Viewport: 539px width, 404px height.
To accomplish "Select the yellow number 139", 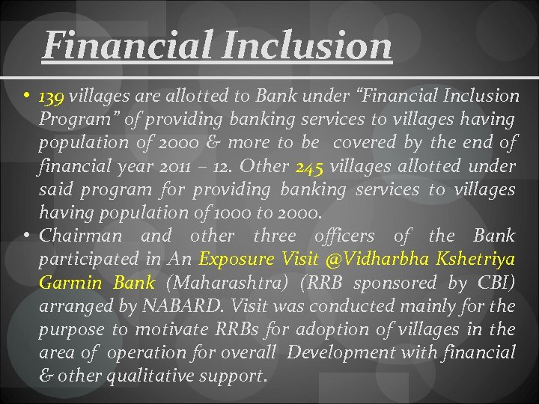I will [x=52, y=97].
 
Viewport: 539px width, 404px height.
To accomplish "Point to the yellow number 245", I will [x=310, y=166].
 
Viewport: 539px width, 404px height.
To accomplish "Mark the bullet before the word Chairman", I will [x=27, y=236].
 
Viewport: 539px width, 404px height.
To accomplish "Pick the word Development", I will [x=334, y=352].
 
